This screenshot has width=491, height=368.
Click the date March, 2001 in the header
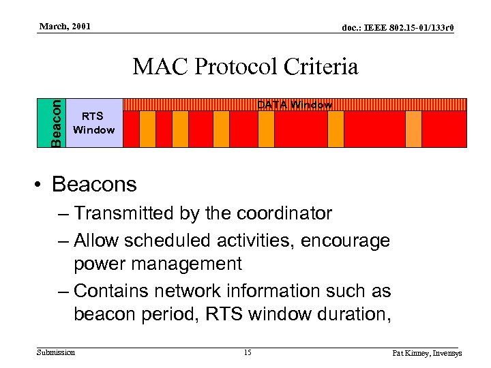(x=65, y=27)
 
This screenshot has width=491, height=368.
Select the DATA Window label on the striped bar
(x=294, y=105)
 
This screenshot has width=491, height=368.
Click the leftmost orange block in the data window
(x=147, y=129)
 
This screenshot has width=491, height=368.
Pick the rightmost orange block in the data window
(x=413, y=129)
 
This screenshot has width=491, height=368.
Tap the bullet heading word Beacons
(x=94, y=184)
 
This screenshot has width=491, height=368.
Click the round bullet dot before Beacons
(x=41, y=185)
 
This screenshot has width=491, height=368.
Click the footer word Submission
(x=56, y=352)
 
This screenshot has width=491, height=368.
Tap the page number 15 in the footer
(x=248, y=352)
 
